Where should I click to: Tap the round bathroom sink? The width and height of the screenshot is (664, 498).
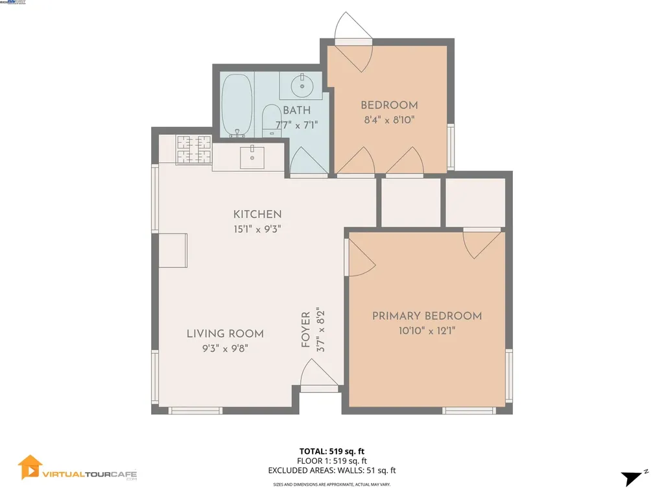coord(300,84)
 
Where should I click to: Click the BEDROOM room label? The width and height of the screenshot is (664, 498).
coord(389,105)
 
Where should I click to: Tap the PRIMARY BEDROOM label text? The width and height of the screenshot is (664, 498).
coord(427,316)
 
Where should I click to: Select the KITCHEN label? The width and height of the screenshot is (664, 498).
coord(257,215)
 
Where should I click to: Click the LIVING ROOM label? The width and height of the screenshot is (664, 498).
coord(225,334)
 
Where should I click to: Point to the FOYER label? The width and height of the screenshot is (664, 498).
coord(305,330)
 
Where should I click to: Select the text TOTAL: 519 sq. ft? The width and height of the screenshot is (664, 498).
coord(332,451)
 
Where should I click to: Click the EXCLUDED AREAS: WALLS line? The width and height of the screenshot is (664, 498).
coord(332,471)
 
